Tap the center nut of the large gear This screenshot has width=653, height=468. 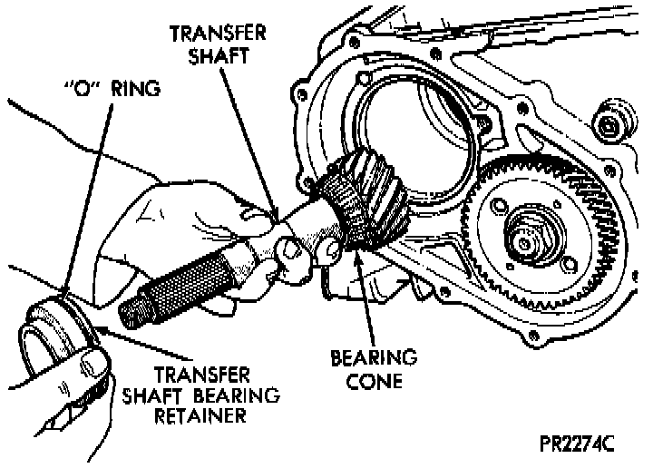tap(527, 238)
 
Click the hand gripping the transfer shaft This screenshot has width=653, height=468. tap(181, 227)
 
